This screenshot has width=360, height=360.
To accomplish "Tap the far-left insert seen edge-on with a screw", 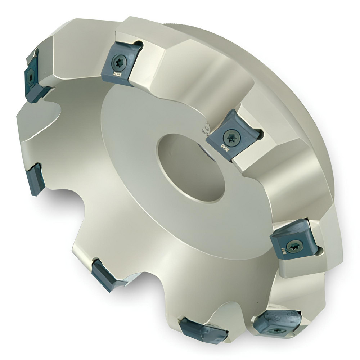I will [32, 76].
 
